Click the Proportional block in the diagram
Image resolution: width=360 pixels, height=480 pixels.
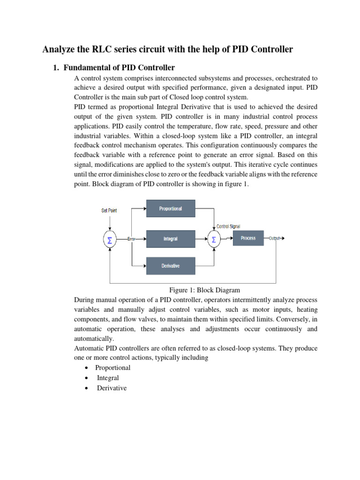click(x=170, y=209)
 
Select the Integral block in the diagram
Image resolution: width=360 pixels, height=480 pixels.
click(x=170, y=239)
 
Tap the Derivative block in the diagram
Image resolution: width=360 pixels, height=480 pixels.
click(x=170, y=266)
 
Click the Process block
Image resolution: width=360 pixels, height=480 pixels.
click(x=248, y=238)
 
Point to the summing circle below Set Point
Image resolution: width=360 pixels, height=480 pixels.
click(x=110, y=240)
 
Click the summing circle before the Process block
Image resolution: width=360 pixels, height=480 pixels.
click(x=214, y=240)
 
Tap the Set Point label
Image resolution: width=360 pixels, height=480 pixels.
click(x=109, y=210)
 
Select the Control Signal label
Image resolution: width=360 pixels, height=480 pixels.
click(x=228, y=226)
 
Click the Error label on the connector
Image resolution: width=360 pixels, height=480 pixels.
click(x=131, y=239)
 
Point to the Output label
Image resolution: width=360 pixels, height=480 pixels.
click(x=274, y=238)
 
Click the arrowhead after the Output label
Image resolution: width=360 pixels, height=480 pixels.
click(x=282, y=238)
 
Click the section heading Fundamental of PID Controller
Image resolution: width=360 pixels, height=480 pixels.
click(x=119, y=68)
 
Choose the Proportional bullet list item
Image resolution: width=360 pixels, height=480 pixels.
click(x=112, y=367)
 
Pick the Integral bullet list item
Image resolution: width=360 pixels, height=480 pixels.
click(x=108, y=378)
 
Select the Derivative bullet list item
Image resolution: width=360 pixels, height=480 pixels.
click(x=112, y=388)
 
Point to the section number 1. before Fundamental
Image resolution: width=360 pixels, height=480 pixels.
click(x=55, y=68)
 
